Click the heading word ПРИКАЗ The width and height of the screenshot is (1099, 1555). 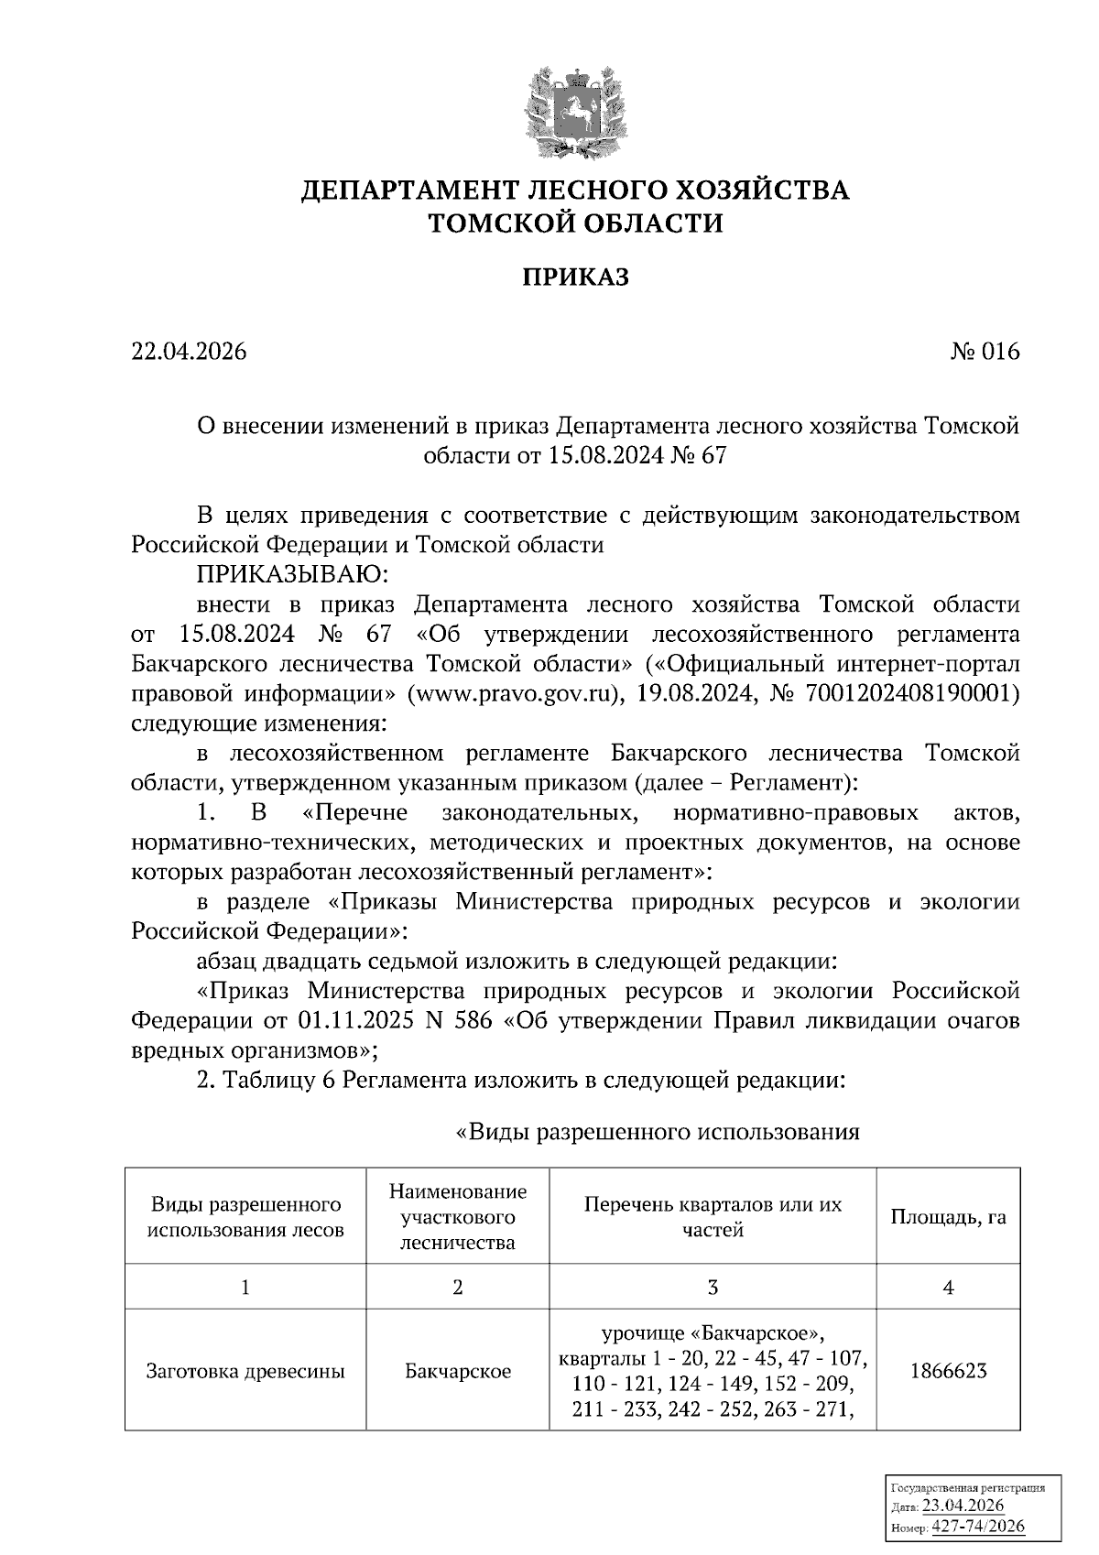[575, 277]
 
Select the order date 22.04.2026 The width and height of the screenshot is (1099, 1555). [189, 352]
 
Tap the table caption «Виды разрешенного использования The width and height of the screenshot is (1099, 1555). [658, 1132]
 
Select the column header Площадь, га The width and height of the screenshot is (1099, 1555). [948, 1217]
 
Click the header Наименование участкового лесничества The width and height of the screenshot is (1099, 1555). [458, 1217]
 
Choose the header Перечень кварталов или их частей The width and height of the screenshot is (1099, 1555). [713, 1217]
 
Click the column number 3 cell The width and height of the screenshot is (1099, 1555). [713, 1288]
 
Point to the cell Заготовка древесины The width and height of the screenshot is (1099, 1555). [245, 1371]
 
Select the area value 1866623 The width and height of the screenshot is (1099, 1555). [948, 1371]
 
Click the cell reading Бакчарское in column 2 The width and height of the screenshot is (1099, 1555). [458, 1371]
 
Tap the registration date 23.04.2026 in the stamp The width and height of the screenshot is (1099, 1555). [963, 1506]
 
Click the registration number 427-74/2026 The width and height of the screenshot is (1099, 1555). [978, 1527]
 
